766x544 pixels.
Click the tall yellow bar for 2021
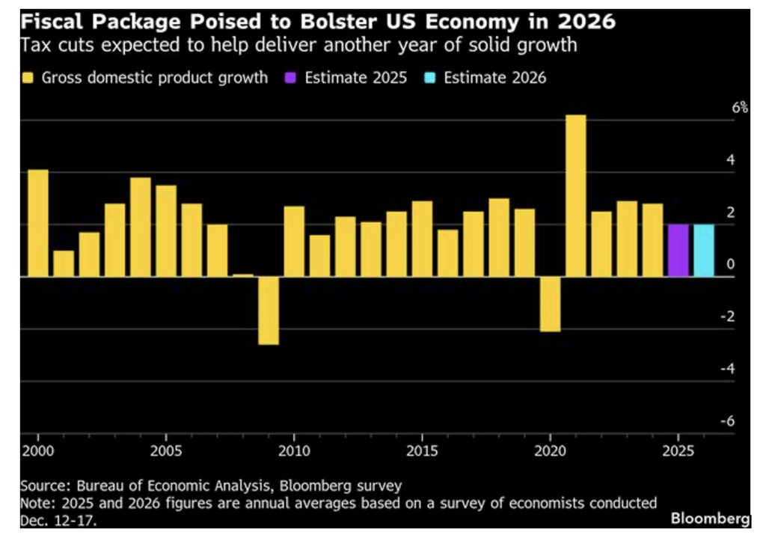(575, 196)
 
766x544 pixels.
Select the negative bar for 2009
(269, 311)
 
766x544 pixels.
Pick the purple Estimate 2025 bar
(678, 251)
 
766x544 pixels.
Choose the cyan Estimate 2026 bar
(703, 251)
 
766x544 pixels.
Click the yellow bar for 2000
(37, 223)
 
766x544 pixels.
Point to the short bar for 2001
(64, 263)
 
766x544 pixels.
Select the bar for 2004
(141, 227)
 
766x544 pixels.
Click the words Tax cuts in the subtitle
(49, 45)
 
